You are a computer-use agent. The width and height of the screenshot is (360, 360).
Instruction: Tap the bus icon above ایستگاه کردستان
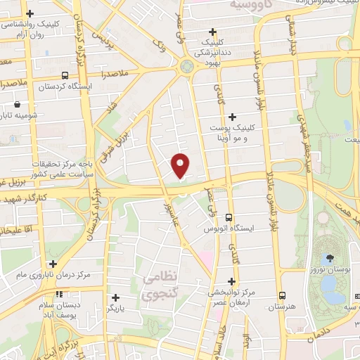[x=65, y=75]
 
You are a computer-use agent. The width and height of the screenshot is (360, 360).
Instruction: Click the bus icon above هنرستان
[x=281, y=295]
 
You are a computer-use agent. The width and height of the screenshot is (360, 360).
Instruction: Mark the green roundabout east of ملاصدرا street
[x=187, y=67]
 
